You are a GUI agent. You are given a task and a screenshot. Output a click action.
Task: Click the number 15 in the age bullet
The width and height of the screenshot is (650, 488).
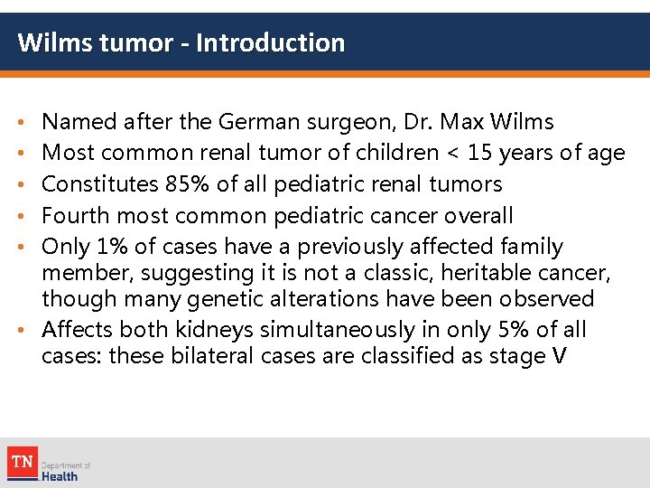(x=476, y=153)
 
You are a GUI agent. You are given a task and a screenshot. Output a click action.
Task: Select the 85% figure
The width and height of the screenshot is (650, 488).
(x=187, y=184)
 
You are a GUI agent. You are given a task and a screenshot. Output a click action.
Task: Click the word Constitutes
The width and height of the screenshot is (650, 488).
(x=100, y=184)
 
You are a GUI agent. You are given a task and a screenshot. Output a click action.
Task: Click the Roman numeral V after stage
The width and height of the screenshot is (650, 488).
(x=559, y=355)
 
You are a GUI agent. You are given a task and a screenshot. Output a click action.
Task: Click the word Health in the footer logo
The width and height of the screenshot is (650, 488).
(x=60, y=476)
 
